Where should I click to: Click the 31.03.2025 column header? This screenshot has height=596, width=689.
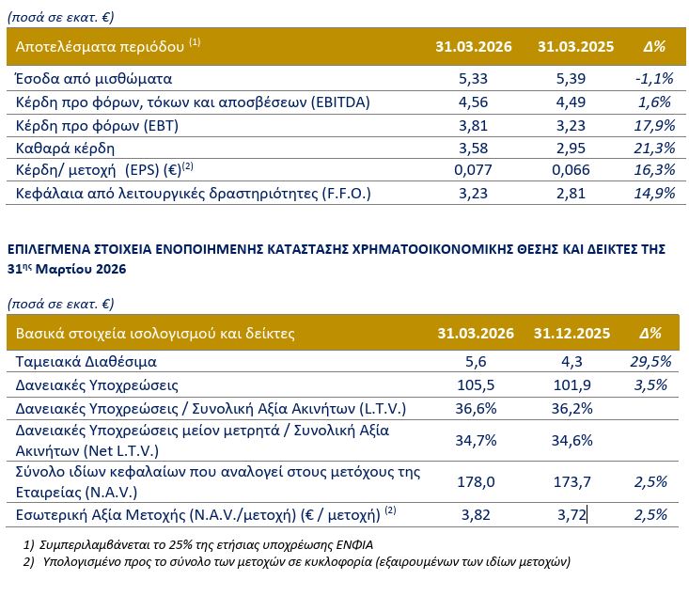tap(575, 47)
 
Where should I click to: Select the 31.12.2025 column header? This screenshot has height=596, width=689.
tap(572, 333)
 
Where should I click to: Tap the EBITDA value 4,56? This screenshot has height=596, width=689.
tap(473, 102)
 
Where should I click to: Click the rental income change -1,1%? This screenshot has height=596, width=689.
tap(654, 79)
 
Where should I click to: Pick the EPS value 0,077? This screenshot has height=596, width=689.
tap(473, 170)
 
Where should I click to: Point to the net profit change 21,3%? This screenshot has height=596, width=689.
tap(654, 149)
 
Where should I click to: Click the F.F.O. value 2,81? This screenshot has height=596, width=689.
tap(571, 194)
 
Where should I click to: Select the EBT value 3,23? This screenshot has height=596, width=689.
tap(571, 126)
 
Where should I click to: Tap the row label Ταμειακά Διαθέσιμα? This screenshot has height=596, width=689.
tap(86, 362)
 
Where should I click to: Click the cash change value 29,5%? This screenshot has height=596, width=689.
tap(650, 362)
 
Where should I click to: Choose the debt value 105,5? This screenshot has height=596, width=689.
tap(476, 385)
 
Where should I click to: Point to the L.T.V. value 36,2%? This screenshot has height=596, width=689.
tap(572, 409)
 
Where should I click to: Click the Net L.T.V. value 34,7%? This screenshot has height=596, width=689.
tap(476, 440)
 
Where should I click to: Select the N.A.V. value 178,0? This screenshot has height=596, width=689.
tap(476, 482)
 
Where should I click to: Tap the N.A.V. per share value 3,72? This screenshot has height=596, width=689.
tap(572, 515)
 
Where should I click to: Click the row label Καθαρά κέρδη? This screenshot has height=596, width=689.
tap(65, 149)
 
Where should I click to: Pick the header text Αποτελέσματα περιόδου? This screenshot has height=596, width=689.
tap(100, 47)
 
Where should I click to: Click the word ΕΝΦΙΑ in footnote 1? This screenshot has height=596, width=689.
tap(354, 545)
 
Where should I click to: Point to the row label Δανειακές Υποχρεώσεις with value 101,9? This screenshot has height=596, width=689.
tap(97, 385)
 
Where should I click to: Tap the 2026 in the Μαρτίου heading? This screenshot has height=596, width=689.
tap(111, 269)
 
